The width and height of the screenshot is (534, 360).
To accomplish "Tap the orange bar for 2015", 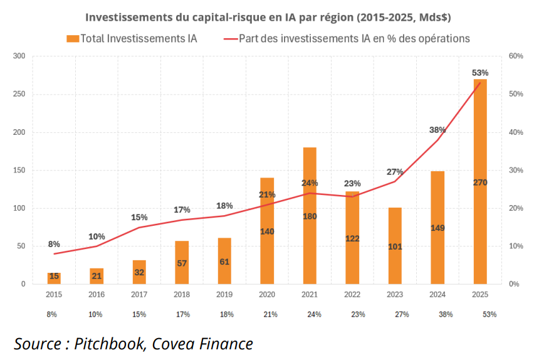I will pyautogui.click(x=54, y=278).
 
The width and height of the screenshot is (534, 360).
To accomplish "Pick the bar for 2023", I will pyautogui.click(x=395, y=263).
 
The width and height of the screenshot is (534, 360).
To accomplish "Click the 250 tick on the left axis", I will pyautogui.click(x=19, y=94).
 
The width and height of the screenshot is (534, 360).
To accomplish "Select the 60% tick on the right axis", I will pyautogui.click(x=498, y=56).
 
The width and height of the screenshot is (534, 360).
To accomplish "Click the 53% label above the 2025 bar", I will pyautogui.click(x=480, y=73).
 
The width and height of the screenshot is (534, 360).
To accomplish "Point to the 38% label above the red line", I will pyautogui.click(x=437, y=130).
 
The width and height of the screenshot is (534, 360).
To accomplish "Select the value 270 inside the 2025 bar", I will pyautogui.click(x=480, y=182).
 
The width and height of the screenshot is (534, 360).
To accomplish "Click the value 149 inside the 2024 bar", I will pyautogui.click(x=437, y=228).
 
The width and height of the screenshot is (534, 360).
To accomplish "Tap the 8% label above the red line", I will pyautogui.click(x=54, y=244).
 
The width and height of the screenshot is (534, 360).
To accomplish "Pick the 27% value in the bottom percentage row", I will pyautogui.click(x=395, y=314).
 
